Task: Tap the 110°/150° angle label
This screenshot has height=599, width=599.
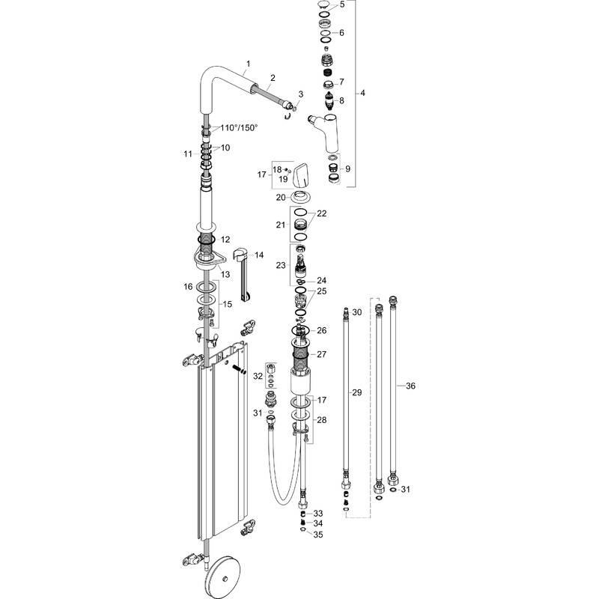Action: [x=239, y=127]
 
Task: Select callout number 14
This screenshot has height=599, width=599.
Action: [x=259, y=255]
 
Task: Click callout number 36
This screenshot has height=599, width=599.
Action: [x=410, y=386]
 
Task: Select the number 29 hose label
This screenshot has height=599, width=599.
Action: [x=357, y=392]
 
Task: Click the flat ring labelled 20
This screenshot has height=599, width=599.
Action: [x=302, y=198]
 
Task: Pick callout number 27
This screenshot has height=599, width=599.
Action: [x=323, y=354]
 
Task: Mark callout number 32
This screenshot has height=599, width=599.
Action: [x=258, y=375]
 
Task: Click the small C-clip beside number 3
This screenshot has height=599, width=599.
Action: [x=288, y=115]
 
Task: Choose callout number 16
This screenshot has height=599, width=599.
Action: [x=189, y=286]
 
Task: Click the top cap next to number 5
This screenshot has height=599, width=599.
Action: [x=323, y=6]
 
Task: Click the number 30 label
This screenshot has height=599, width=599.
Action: [x=356, y=311]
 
